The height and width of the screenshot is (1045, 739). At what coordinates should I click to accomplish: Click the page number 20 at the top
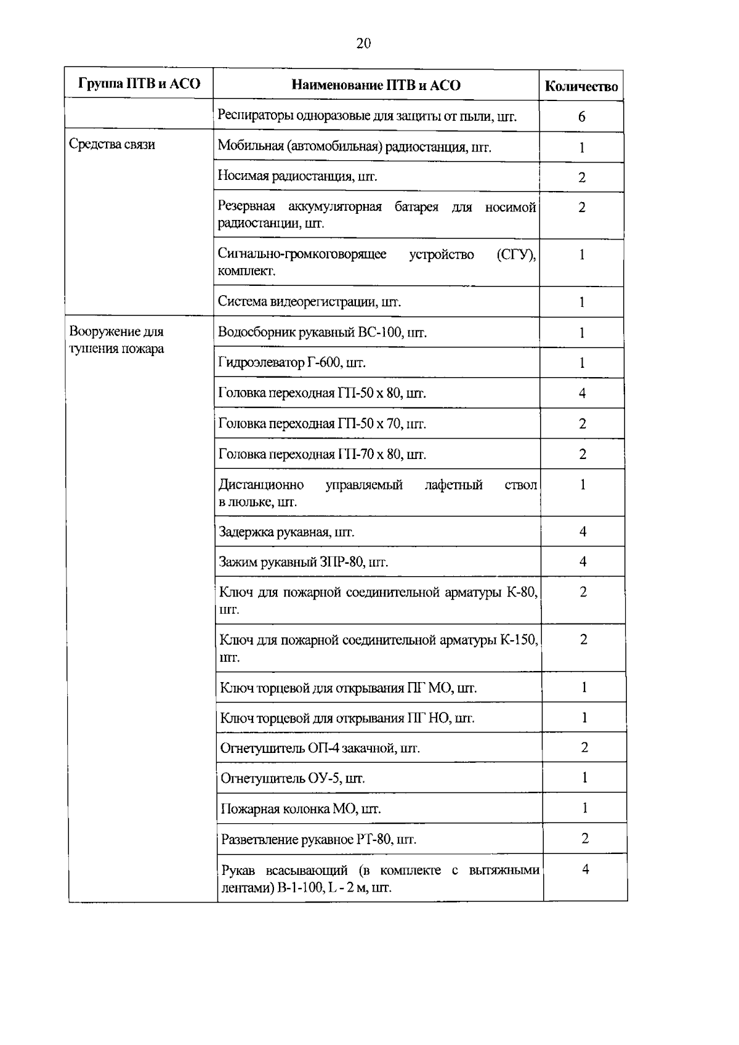(x=363, y=43)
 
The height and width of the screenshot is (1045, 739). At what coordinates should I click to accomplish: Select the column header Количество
(x=581, y=87)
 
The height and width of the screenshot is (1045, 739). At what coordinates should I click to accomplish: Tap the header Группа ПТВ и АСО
(x=139, y=84)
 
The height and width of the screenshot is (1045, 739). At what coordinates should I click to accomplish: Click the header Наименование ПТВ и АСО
(x=376, y=85)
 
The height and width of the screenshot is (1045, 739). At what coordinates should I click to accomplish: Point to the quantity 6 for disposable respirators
(x=581, y=117)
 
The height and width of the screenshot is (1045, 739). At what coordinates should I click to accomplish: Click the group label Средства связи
(x=112, y=144)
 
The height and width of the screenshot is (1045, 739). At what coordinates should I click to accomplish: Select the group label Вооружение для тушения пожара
(x=117, y=340)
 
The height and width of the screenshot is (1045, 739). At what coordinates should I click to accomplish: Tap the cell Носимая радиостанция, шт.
(x=297, y=176)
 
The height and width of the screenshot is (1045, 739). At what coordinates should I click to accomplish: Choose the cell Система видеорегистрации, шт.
(x=310, y=302)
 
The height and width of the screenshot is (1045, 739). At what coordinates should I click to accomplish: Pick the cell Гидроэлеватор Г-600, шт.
(x=293, y=362)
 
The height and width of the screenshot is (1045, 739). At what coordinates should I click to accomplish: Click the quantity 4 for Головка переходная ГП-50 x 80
(x=582, y=393)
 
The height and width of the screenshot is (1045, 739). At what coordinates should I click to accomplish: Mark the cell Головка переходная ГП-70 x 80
(x=322, y=454)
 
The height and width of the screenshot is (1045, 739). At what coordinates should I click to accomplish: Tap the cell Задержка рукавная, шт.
(x=287, y=532)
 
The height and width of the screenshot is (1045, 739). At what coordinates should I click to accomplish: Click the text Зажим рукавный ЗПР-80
(x=304, y=562)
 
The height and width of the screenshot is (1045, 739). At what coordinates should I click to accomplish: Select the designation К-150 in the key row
(x=519, y=640)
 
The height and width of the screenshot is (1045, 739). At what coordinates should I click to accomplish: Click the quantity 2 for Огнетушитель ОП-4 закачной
(x=584, y=747)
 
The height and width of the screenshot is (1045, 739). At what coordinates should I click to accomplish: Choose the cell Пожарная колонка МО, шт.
(x=301, y=809)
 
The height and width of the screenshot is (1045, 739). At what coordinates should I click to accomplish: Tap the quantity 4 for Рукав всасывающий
(x=585, y=869)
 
